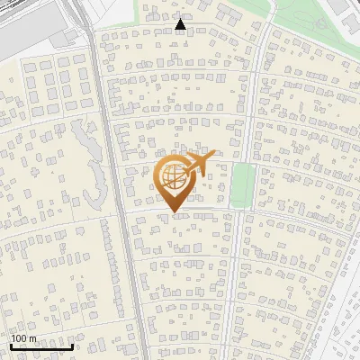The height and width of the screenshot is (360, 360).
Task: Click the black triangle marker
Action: (182, 25)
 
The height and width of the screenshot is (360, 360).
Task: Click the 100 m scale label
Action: (24, 338)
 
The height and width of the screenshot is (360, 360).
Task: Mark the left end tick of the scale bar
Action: (11, 346)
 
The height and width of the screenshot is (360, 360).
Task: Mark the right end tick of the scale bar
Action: (72, 346)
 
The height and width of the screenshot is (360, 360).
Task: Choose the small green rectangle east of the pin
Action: (241, 184)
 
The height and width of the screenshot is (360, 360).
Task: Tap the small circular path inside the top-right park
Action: (321, 24)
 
